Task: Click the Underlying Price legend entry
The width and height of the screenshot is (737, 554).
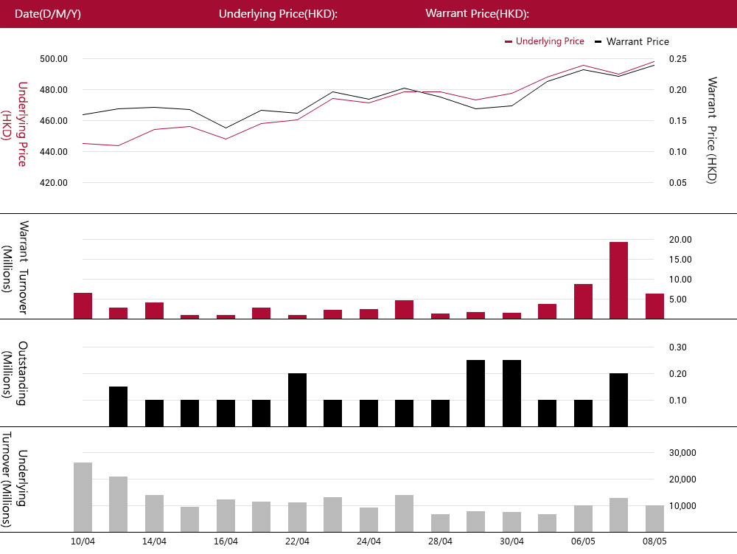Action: (545, 41)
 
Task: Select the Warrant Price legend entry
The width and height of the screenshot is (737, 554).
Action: (632, 41)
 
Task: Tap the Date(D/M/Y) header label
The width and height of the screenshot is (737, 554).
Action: (47, 13)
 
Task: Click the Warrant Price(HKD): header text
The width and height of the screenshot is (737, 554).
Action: (477, 13)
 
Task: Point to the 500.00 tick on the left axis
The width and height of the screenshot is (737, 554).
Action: (54, 59)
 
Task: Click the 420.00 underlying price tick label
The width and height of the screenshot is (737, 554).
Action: (54, 183)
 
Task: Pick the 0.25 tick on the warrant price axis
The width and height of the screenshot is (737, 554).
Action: (678, 59)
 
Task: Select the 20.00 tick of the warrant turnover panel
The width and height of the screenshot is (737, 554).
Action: (680, 239)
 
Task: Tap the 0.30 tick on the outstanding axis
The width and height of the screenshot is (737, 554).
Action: (678, 347)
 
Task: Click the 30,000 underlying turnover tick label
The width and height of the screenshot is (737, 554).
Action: (682, 453)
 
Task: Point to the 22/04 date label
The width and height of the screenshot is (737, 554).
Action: (297, 541)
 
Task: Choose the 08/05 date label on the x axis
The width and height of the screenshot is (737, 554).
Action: (654, 541)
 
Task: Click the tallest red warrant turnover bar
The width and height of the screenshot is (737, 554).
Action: (618, 280)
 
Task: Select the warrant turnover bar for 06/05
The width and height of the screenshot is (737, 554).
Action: (583, 302)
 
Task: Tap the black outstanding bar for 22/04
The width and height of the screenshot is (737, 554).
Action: (297, 400)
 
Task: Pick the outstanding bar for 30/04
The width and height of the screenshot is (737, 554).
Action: (511, 393)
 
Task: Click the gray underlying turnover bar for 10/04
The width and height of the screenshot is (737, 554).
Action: (83, 497)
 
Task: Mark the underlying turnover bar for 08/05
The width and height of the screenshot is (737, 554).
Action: (654, 519)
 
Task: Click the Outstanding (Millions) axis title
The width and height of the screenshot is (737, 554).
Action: (14, 373)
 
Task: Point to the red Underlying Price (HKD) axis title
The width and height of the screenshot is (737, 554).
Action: (14, 124)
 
